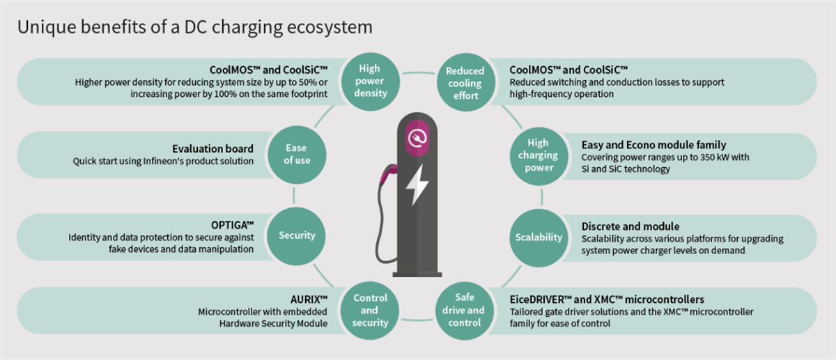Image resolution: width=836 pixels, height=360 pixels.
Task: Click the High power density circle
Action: click(369, 80)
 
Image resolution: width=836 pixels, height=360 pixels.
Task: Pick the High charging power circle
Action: click(537, 155)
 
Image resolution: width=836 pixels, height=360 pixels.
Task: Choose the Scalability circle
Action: click(538, 237)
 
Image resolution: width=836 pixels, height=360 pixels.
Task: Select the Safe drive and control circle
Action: click(465, 310)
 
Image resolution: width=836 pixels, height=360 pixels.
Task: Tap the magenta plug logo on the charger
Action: click(417, 136)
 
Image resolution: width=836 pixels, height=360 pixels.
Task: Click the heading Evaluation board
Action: click(212, 148)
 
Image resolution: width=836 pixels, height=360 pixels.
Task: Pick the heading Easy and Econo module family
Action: click(653, 145)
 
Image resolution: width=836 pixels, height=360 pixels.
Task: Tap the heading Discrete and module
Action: click(630, 226)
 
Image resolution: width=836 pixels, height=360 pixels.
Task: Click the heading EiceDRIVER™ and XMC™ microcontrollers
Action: click(607, 299)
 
